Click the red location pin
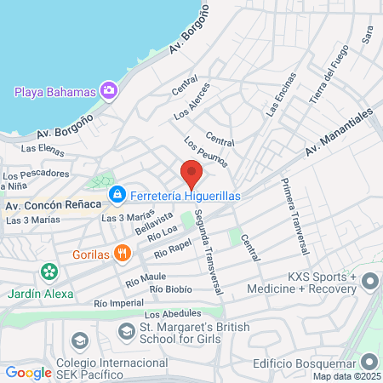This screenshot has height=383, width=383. click(191, 174)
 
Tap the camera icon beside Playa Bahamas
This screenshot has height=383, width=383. click(108, 90)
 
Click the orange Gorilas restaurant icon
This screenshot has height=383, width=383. click(123, 252)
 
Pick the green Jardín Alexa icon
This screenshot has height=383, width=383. click(49, 272)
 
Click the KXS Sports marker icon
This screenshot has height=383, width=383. click(369, 281)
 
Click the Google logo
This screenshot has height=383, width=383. click(28, 372)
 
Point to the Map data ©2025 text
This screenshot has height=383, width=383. click(345, 376)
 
